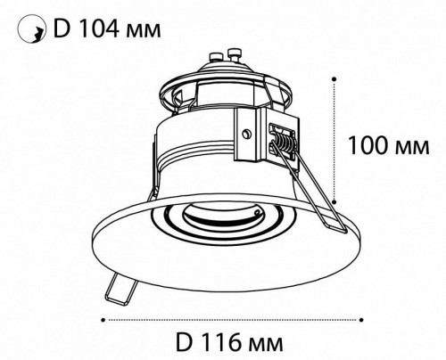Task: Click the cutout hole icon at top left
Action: coord(32,29)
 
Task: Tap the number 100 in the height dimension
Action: coord(369,145)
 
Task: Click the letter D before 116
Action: coord(183,342)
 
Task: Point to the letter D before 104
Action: coord(61,29)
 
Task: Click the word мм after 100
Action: coord(412,148)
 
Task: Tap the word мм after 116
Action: coord(265,344)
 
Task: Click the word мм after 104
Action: coord(144,30)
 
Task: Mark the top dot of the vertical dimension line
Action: coord(334,79)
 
